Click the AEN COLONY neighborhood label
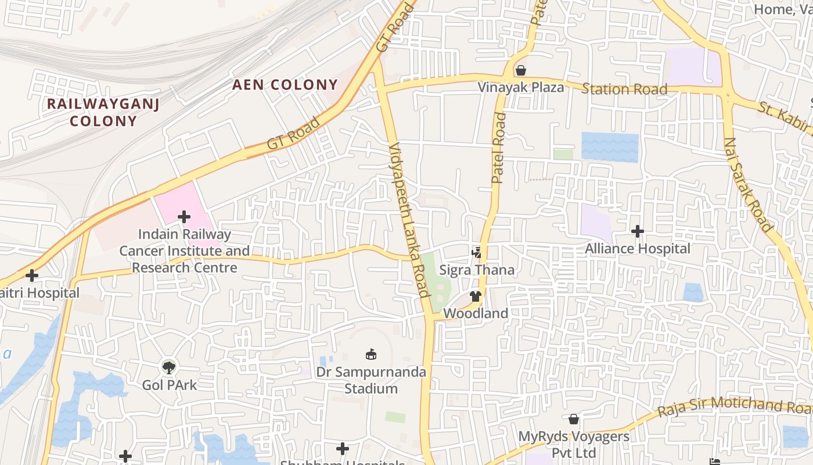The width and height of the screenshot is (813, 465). pyautogui.click(x=285, y=85)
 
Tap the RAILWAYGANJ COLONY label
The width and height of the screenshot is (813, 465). pyautogui.click(x=103, y=112)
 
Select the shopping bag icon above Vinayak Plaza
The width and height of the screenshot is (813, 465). pyautogui.click(x=521, y=70)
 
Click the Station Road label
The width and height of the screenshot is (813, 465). pyautogui.click(x=624, y=89)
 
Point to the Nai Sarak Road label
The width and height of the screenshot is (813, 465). pyautogui.click(x=747, y=184)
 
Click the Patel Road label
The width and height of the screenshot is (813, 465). pyautogui.click(x=498, y=149)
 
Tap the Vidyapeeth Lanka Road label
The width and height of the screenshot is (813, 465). pyautogui.click(x=409, y=219)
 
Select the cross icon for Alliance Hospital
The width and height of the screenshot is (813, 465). pyautogui.click(x=638, y=231)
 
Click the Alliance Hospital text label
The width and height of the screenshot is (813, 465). pyautogui.click(x=638, y=249)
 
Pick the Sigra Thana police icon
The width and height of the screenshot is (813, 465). pyautogui.click(x=477, y=252)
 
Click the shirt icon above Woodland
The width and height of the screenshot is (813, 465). pyautogui.click(x=476, y=296)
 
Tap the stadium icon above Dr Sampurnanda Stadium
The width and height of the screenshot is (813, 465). pyautogui.click(x=370, y=354)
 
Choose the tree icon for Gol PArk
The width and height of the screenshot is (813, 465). pyautogui.click(x=169, y=367)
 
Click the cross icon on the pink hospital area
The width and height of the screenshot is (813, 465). pyautogui.click(x=184, y=217)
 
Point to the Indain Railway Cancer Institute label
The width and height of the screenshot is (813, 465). pyautogui.click(x=185, y=251)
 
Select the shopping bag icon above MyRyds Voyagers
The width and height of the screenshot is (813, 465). pyautogui.click(x=574, y=419)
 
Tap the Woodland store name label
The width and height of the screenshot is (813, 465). pyautogui.click(x=476, y=313)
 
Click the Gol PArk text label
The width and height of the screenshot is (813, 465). pyautogui.click(x=170, y=385)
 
